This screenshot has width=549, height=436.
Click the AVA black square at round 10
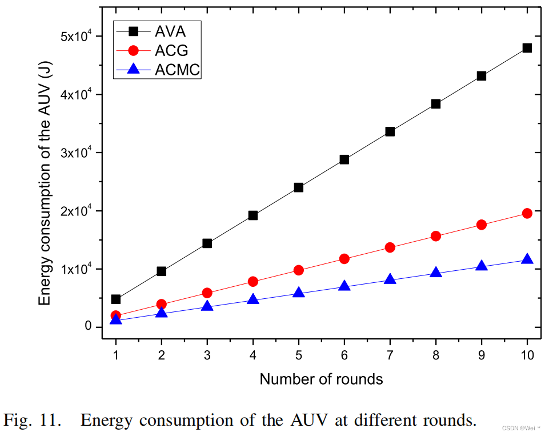tap(527, 48)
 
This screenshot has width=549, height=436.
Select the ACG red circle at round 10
tap(527, 213)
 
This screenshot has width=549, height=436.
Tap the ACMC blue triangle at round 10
tap(527, 259)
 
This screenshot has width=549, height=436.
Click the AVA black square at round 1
tap(116, 299)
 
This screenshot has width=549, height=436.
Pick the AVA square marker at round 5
tap(298, 187)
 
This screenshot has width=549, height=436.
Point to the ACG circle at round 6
tap(344, 259)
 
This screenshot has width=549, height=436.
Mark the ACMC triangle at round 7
tap(390, 279)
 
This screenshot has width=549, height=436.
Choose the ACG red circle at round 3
tap(207, 293)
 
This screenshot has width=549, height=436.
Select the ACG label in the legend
tap(170, 50)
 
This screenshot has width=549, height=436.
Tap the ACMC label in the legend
tap(178, 70)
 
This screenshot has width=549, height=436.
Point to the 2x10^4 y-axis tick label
tap(77, 211)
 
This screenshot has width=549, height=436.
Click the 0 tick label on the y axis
tap(89, 327)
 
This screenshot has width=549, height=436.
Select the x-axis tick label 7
tap(390, 355)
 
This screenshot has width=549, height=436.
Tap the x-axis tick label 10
tap(527, 355)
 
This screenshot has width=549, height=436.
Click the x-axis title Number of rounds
tap(321, 379)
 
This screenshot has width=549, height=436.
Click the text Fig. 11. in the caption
tap(33, 421)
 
